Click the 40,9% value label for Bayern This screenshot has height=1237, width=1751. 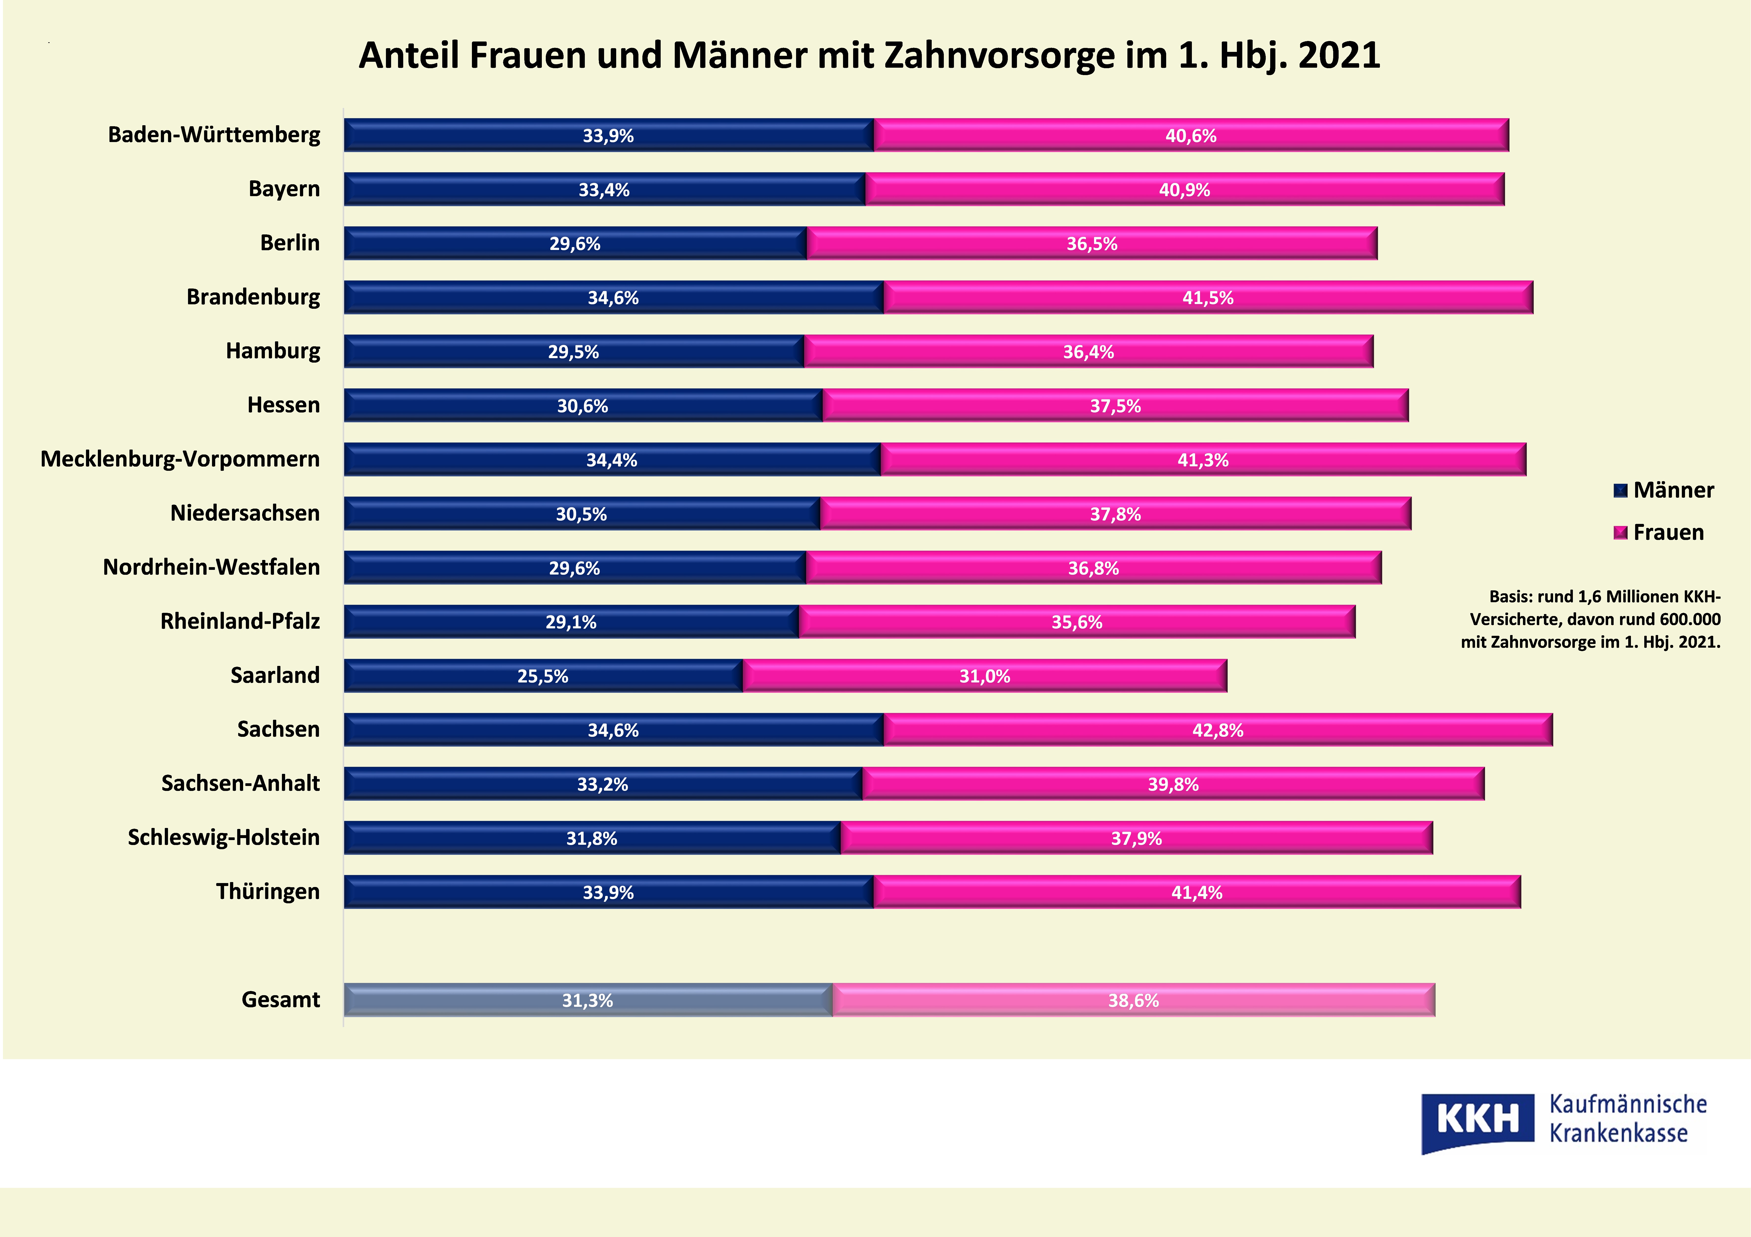(x=1184, y=190)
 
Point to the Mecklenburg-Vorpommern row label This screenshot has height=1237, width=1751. (x=180, y=459)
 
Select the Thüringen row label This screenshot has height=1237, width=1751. (x=268, y=891)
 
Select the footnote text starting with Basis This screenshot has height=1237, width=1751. (x=1591, y=619)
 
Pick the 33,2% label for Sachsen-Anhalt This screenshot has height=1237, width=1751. (x=602, y=784)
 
